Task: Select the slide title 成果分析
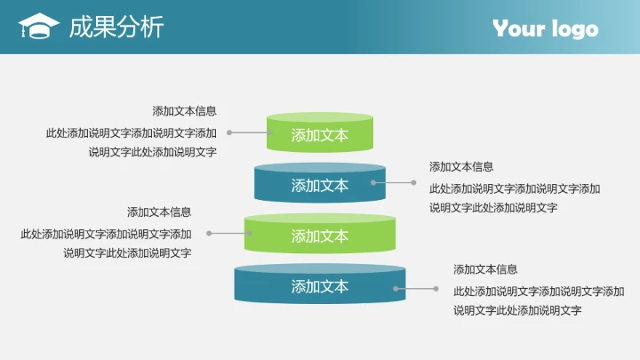tap(116, 28)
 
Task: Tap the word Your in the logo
tap(519, 28)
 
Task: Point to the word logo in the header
tap(574, 29)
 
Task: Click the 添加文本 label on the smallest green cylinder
tap(320, 135)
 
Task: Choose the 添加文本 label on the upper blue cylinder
tap(320, 186)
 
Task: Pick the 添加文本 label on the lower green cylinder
tap(320, 236)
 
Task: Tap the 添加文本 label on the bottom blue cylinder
tap(320, 287)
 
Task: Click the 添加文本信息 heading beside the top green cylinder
tap(184, 111)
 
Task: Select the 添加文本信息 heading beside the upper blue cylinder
tap(461, 166)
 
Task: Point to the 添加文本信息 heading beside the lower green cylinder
tap(159, 212)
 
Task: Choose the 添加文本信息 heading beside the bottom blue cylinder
tap(485, 269)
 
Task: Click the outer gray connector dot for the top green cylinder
tap(229, 132)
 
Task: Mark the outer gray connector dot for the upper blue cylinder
tap(413, 182)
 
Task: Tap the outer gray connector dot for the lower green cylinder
tap(210, 234)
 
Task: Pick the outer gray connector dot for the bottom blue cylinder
tap(436, 288)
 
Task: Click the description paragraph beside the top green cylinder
tap(132, 142)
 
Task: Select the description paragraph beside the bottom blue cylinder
tap(539, 300)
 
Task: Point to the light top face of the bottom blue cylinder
tap(320, 268)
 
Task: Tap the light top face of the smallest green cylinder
tap(320, 116)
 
